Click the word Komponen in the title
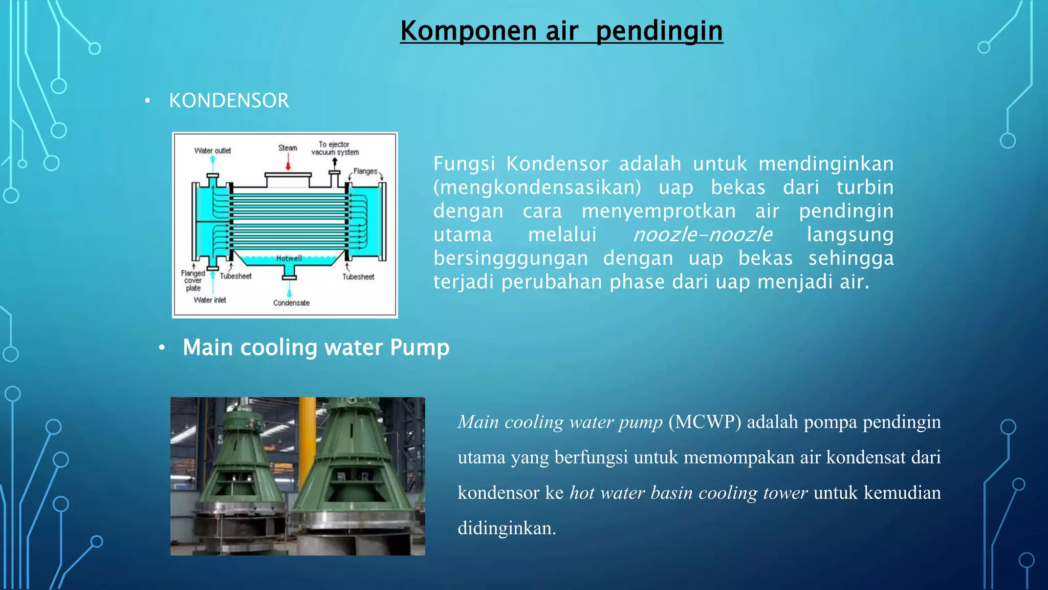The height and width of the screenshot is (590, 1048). click(x=468, y=31)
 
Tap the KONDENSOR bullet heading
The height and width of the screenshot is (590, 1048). click(x=229, y=100)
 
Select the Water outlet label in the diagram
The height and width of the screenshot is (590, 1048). click(x=212, y=151)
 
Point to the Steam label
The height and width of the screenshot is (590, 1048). click(x=288, y=147)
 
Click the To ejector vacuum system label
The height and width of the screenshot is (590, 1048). click(x=335, y=149)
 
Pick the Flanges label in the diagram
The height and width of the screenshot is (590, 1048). click(x=365, y=171)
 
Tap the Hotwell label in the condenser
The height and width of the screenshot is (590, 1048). click(x=289, y=258)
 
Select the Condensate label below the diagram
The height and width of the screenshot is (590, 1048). click(x=291, y=303)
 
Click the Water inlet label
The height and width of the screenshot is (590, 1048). click(x=210, y=300)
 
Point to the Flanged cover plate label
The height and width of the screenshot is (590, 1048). click(x=193, y=281)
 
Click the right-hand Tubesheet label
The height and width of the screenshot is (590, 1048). click(x=358, y=277)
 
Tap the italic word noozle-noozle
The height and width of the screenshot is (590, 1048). click(x=703, y=235)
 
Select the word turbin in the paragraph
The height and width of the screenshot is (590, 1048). click(x=865, y=187)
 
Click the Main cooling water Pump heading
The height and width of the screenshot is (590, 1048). click(x=316, y=347)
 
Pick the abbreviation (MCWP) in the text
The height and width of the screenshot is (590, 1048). click(x=705, y=422)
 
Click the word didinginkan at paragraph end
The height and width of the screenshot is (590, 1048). click(x=506, y=528)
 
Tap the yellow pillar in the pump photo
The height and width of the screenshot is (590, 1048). click(x=307, y=425)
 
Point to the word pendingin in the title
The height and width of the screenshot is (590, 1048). click(x=659, y=31)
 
